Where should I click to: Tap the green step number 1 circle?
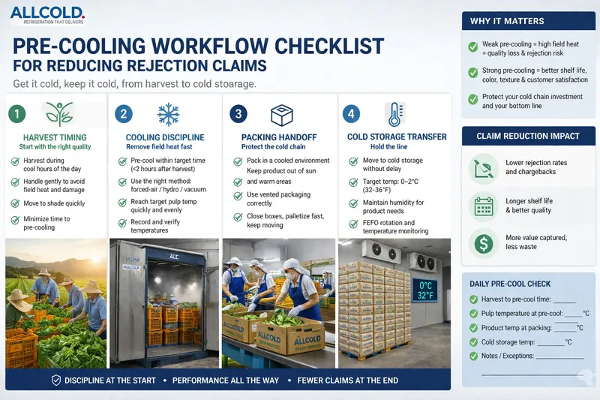coord(16,114)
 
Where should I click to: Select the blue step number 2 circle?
coord(125,114)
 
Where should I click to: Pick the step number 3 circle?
coord(237,114)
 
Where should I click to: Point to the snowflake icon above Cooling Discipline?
coord(168,114)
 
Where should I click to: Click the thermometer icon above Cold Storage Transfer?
coord(394,114)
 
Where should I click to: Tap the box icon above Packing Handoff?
coord(280,113)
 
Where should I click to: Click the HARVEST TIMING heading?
coord(55,137)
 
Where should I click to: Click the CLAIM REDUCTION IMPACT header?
coord(527,136)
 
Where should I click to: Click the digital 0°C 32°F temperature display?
coord(425,290)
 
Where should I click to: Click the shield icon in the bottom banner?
coord(55,380)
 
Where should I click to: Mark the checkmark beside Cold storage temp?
coord(472,341)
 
